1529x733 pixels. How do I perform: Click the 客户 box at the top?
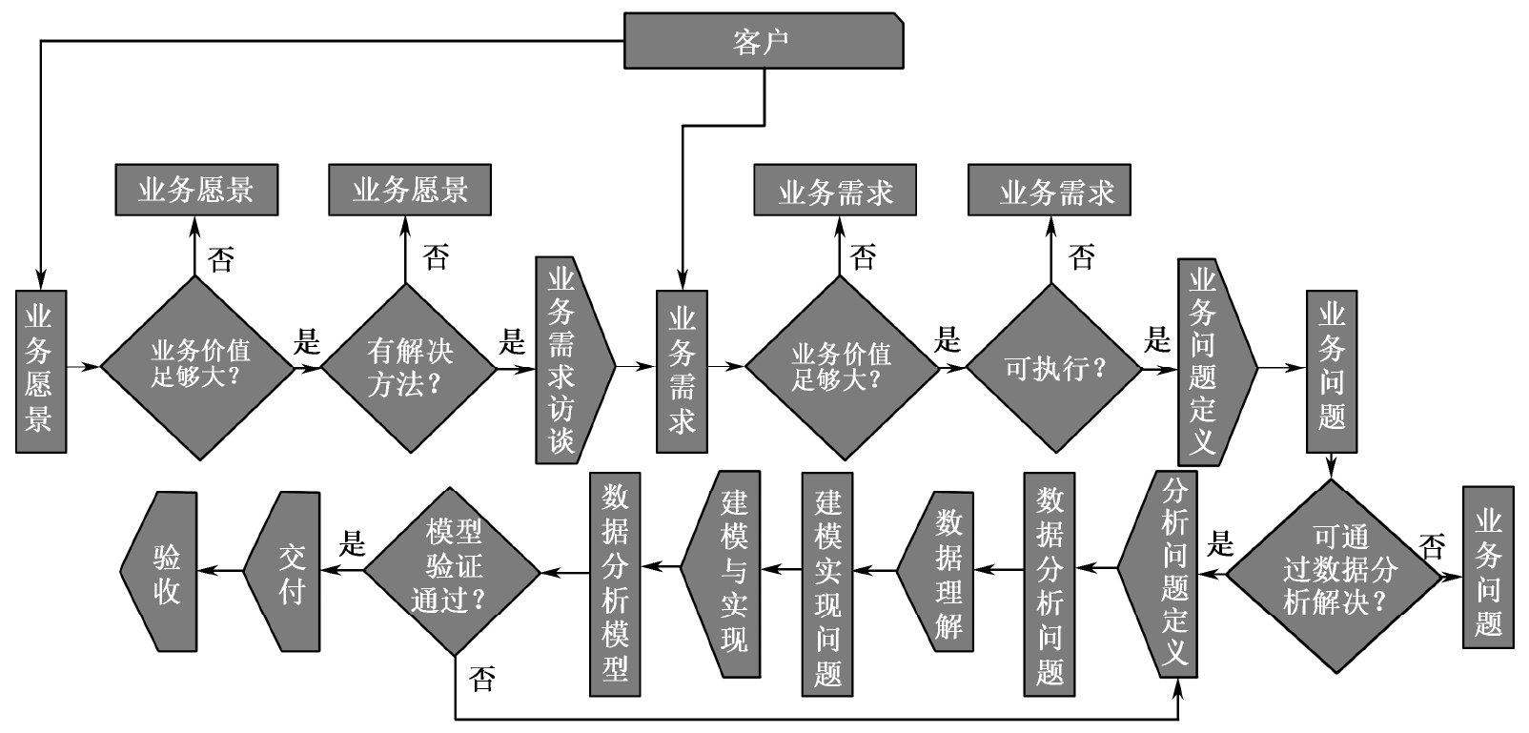764,41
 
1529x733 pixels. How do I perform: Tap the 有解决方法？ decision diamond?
409,367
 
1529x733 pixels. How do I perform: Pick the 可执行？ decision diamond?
1053,367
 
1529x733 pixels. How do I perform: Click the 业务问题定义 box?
1213,360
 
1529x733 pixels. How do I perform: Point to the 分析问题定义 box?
1161,573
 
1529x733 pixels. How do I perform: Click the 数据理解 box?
939,572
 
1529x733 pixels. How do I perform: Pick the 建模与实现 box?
724,573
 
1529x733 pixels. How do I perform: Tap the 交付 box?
285,571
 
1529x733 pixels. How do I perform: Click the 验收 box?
162,571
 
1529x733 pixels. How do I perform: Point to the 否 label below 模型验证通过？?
481,679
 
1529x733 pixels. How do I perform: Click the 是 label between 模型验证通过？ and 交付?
353,544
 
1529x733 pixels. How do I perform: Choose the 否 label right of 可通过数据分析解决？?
1431,547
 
